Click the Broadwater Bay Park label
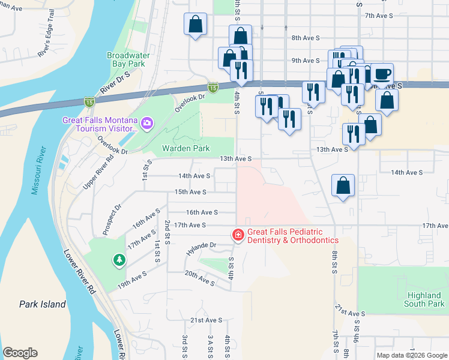(126, 59)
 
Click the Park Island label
(42, 304)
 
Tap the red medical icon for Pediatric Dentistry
(238, 235)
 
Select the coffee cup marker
(382, 74)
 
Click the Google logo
(20, 353)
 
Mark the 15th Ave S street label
(190, 192)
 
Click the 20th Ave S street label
(199, 278)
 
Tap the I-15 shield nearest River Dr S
(89, 102)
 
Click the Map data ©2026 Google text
(411, 355)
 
